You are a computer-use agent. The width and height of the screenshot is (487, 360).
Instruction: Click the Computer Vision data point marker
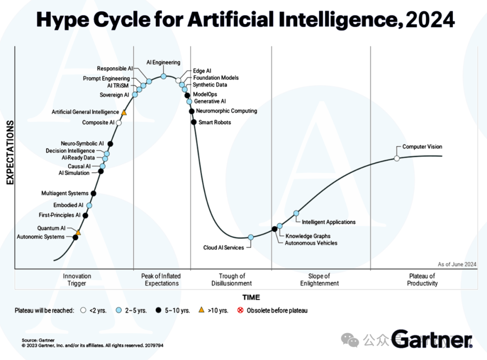click(397, 158)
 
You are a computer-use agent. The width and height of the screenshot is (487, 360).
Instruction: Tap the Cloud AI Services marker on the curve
click(251, 237)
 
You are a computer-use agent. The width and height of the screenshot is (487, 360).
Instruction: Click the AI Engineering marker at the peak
click(164, 76)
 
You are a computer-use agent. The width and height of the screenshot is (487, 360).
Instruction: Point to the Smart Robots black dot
click(193, 122)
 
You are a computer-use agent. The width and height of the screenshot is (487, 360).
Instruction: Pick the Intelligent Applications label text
click(329, 222)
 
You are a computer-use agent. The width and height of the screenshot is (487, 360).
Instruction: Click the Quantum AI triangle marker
click(78, 233)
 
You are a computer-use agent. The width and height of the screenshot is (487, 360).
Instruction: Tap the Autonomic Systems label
click(41, 237)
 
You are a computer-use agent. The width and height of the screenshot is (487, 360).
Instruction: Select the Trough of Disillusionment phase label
click(232, 280)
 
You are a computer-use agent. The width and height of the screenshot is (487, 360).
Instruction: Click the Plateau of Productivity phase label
click(422, 280)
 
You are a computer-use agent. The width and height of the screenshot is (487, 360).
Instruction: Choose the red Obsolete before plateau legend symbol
click(240, 310)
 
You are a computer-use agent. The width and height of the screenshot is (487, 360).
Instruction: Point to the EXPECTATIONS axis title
click(9, 152)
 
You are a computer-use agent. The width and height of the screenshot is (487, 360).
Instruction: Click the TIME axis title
click(251, 297)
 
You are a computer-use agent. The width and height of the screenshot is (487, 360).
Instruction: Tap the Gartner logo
click(432, 339)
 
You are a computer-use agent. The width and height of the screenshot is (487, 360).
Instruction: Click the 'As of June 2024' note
click(457, 264)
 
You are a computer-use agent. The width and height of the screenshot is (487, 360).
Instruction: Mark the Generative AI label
click(210, 102)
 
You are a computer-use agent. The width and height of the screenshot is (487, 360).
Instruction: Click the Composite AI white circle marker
click(119, 123)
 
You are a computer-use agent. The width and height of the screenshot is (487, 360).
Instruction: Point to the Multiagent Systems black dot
click(93, 194)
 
